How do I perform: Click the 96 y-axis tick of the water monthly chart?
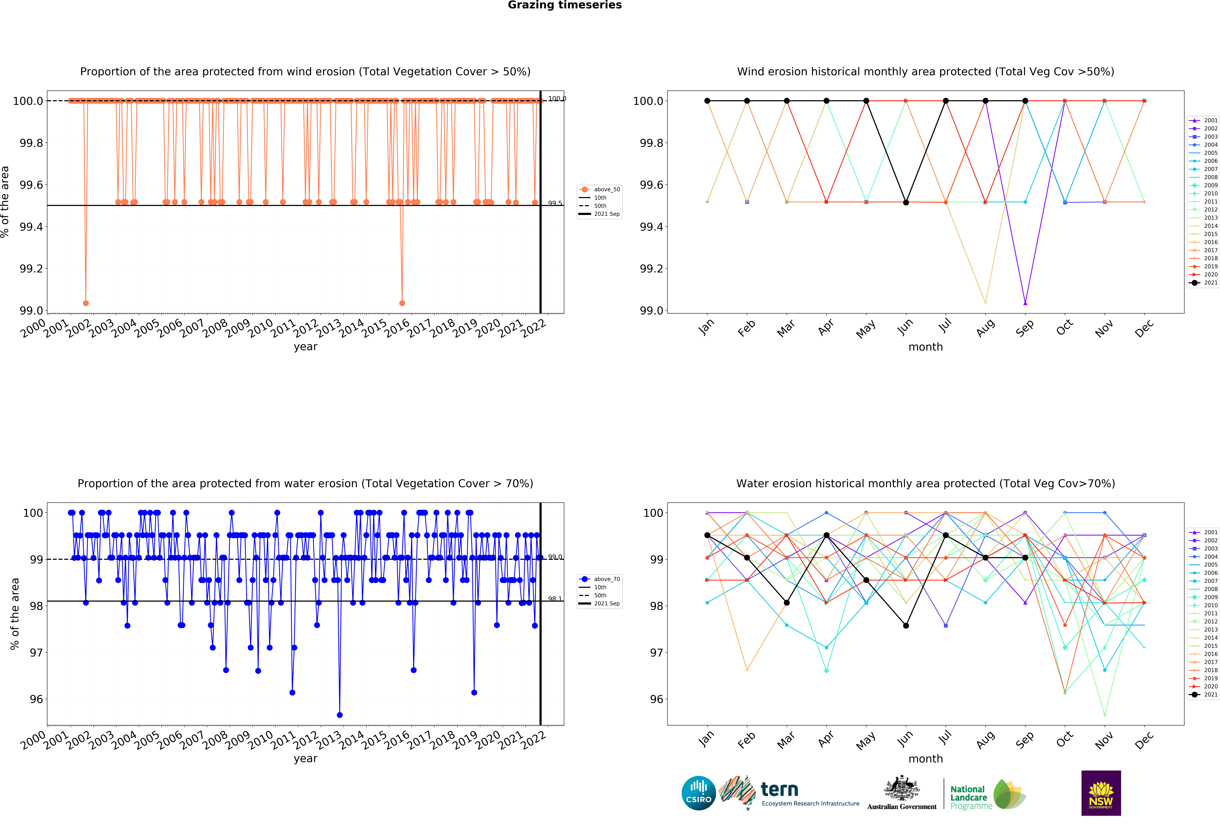coord(656,699)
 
